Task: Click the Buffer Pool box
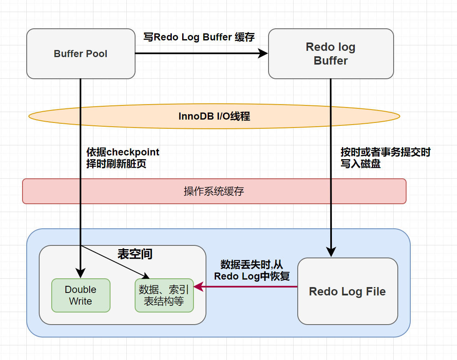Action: (80, 54)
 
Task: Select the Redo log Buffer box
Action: (331, 54)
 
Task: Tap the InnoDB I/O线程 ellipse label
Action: (214, 116)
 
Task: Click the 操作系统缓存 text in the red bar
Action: (214, 191)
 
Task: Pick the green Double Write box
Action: (80, 295)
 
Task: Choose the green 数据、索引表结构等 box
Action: (164, 295)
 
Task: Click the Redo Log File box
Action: (347, 291)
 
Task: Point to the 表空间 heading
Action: (135, 254)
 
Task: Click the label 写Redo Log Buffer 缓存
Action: (199, 37)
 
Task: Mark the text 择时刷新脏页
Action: (116, 164)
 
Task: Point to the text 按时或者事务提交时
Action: (385, 152)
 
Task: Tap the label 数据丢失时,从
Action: (251, 265)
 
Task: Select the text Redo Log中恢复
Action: (252, 276)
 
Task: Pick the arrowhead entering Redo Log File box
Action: (331, 252)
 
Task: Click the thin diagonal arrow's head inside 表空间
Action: (146, 276)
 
